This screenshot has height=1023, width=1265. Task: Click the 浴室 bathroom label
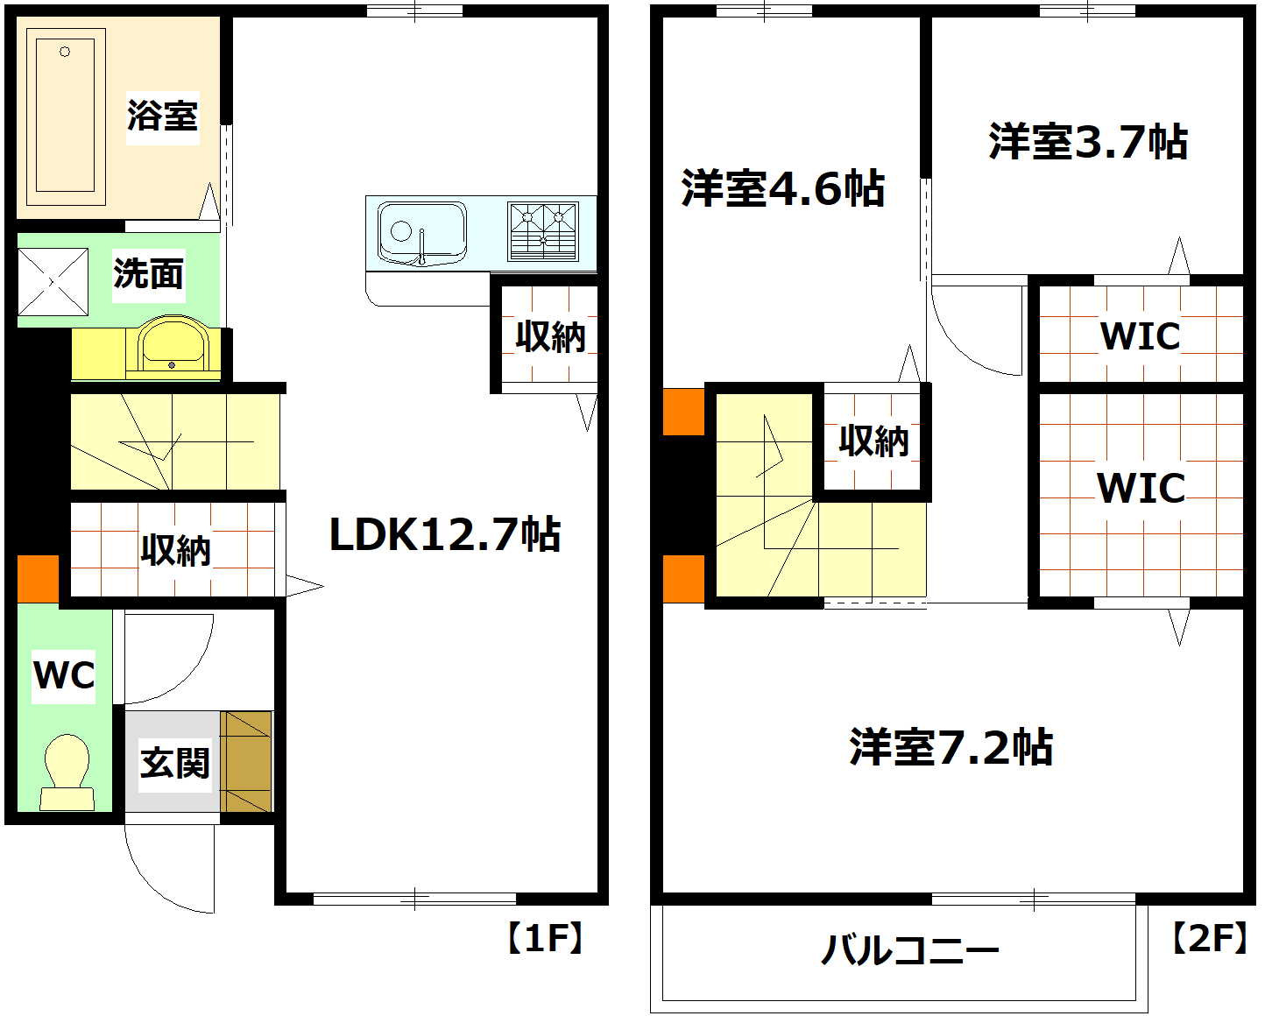[x=162, y=116]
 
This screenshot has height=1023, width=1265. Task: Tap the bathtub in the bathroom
[x=66, y=111]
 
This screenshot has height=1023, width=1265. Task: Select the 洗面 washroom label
[x=148, y=274]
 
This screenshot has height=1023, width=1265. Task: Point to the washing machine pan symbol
[x=53, y=282]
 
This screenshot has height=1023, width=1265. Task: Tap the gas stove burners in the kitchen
[x=543, y=231]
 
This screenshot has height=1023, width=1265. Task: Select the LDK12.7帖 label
[x=444, y=534]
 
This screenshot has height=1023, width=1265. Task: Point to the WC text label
[x=64, y=675]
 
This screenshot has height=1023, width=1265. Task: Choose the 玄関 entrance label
[x=175, y=763]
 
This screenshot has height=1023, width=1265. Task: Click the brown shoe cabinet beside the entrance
[x=246, y=761]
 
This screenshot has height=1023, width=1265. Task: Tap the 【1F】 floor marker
[x=545, y=938]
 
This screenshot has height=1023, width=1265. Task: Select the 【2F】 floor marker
[x=1209, y=938]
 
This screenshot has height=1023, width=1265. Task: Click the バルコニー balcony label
[x=909, y=950]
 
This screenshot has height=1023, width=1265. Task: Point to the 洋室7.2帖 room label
[x=951, y=748]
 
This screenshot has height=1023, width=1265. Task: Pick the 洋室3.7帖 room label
[x=1088, y=142]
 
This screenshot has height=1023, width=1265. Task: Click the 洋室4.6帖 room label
[x=783, y=188]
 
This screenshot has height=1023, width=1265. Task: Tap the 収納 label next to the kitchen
[x=550, y=336]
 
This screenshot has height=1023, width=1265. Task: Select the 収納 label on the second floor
[x=873, y=441]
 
